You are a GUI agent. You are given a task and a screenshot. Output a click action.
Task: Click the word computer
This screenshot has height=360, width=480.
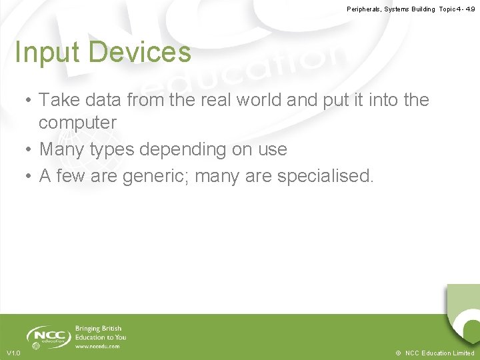[77, 123]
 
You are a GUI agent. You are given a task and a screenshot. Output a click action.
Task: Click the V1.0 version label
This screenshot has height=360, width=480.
[13, 353]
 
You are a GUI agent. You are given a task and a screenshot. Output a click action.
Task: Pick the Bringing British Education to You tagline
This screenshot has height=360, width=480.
[100, 333]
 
